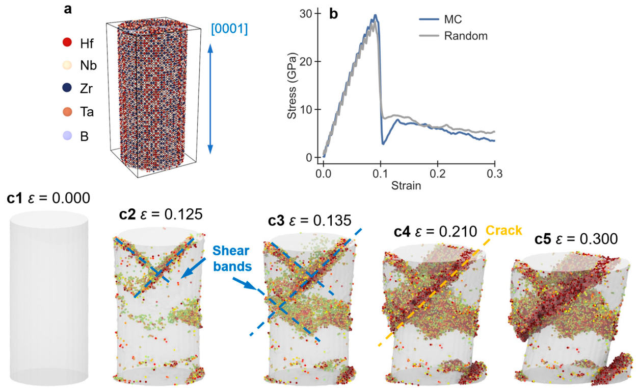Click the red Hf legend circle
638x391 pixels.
(67, 42)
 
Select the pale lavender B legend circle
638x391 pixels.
(67, 135)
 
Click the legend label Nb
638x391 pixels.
(88, 66)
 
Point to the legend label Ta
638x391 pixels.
(87, 112)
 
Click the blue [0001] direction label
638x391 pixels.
(229, 29)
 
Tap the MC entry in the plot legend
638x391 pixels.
(453, 19)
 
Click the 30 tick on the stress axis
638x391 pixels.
(306, 13)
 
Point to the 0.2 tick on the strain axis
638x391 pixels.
(438, 174)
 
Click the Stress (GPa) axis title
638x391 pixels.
(291, 86)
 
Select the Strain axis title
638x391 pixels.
(406, 185)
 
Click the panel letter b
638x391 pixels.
(334, 14)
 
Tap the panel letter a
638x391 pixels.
(68, 9)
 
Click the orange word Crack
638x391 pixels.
(503, 230)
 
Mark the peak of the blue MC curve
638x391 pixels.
(376, 15)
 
